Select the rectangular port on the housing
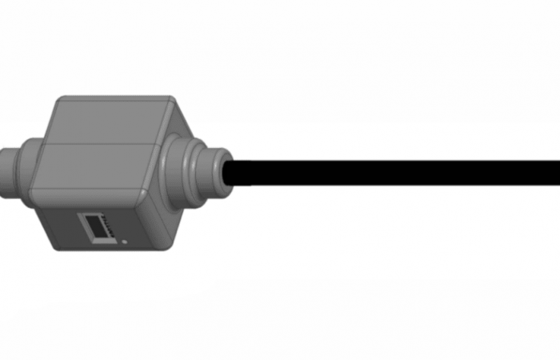97,226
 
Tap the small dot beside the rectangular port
124,240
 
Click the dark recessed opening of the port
98,230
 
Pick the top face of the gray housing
112,120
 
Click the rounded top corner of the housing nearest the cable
173,105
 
